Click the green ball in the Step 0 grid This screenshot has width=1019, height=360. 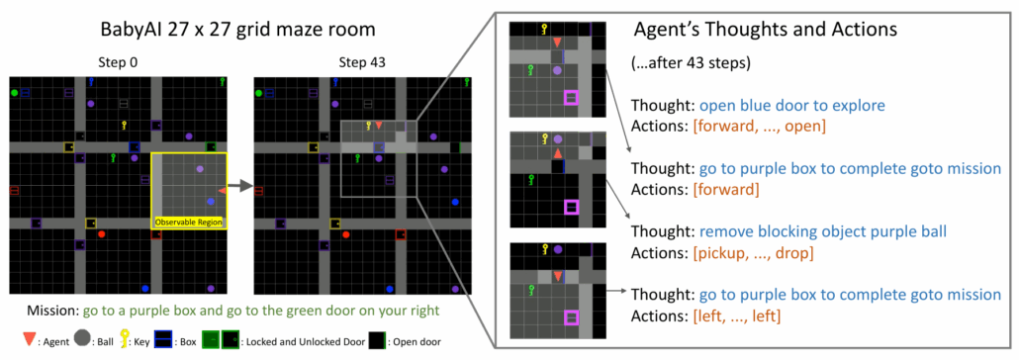[14, 92]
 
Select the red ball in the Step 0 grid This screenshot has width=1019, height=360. [101, 234]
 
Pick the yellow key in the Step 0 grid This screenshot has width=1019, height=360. [125, 125]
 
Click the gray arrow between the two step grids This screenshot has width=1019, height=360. [239, 183]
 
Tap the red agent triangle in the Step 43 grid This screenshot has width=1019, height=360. [378, 126]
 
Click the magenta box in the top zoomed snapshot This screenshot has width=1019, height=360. [570, 97]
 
